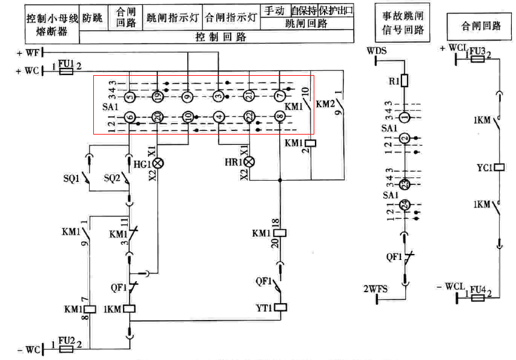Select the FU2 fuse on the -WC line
[x=66, y=349]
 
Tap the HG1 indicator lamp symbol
[x=159, y=163]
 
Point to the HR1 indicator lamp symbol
[x=249, y=162]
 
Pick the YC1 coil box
[x=500, y=166]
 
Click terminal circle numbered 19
[x=158, y=95]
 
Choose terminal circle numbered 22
[x=249, y=117]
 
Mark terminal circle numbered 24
[x=405, y=204]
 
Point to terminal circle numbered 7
[x=279, y=95]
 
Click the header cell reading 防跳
[x=93, y=18]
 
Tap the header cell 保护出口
[x=336, y=11]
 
